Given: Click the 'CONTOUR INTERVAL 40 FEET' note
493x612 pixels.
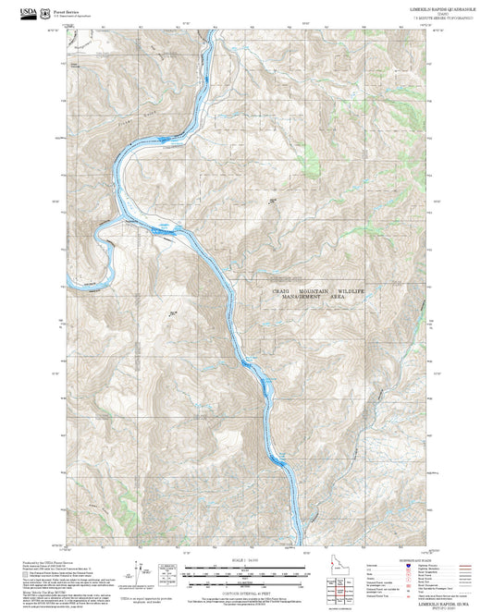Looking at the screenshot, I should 245,588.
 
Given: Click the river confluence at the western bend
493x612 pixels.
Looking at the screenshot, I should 106,222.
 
